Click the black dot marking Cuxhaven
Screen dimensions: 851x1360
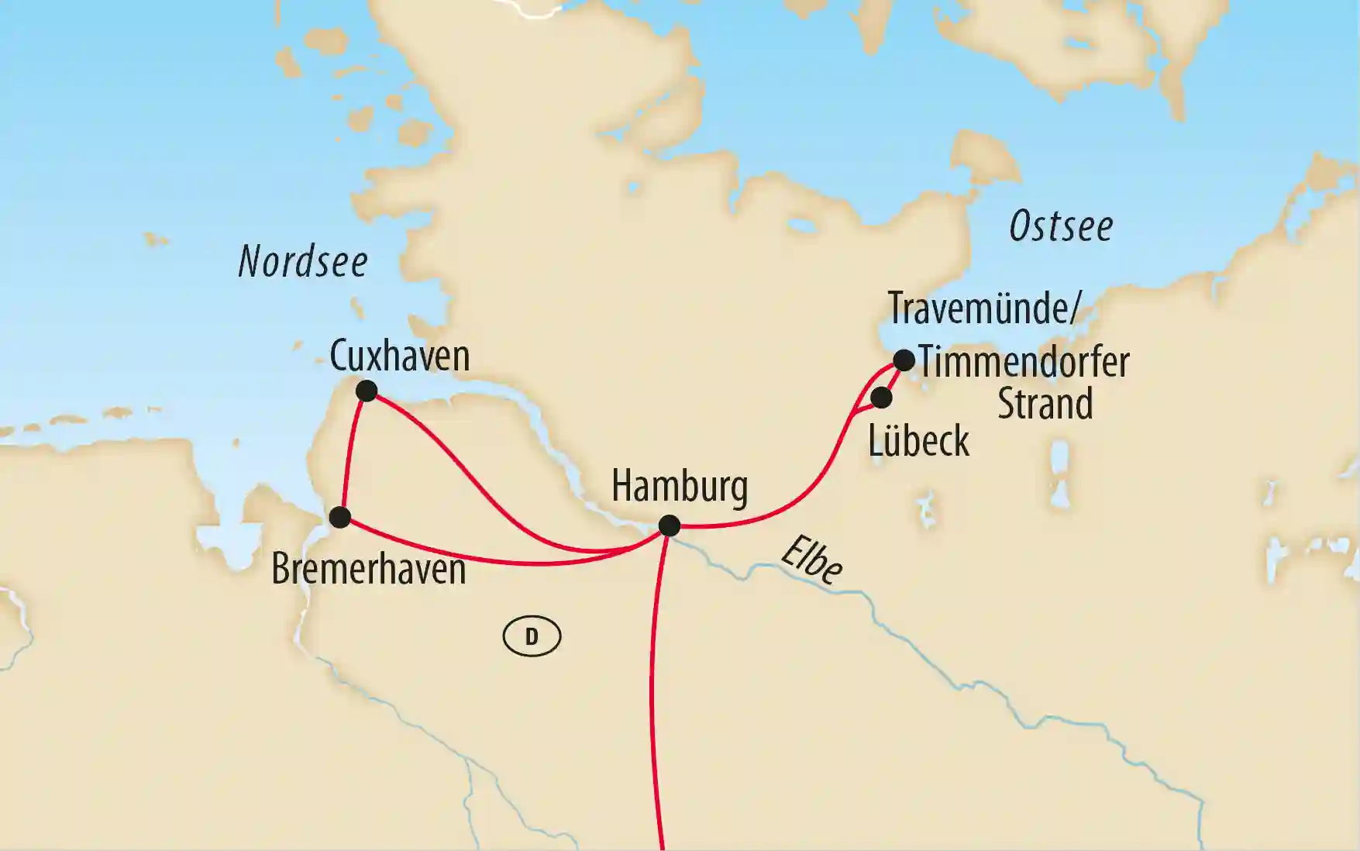point(366,391)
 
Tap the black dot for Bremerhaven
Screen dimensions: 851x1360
point(339,517)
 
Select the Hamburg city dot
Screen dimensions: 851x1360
point(669,526)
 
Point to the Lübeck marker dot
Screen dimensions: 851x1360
point(881,398)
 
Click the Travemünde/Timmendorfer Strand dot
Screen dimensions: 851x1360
point(904,360)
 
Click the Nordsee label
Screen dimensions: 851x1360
point(303,262)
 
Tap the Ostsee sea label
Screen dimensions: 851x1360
point(1061,227)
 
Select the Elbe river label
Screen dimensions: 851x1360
point(812,559)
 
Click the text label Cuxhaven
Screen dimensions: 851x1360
point(400,357)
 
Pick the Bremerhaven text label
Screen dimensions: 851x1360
point(368,570)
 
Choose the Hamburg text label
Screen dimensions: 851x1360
point(680,487)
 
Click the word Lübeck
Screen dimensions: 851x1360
point(918,441)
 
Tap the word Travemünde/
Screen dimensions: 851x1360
point(983,308)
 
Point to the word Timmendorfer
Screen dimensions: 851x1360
point(1024,362)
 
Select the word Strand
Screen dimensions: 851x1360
point(1045,405)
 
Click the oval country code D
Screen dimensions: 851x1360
point(532,636)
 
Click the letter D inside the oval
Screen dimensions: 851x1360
point(532,636)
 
